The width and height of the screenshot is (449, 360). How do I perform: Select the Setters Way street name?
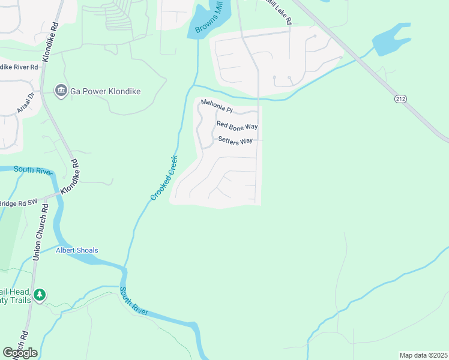235,141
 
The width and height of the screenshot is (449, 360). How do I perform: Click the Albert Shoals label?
77,250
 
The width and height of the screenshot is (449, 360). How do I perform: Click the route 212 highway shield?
400,98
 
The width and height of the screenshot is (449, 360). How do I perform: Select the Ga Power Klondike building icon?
61,91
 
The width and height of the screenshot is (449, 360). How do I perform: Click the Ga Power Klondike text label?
105,91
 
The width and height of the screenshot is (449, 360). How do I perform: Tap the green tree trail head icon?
40,295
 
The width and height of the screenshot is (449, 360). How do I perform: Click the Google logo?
20,352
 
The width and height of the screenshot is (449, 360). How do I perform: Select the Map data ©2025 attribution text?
423,355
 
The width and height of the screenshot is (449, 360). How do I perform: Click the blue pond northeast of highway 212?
391,40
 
